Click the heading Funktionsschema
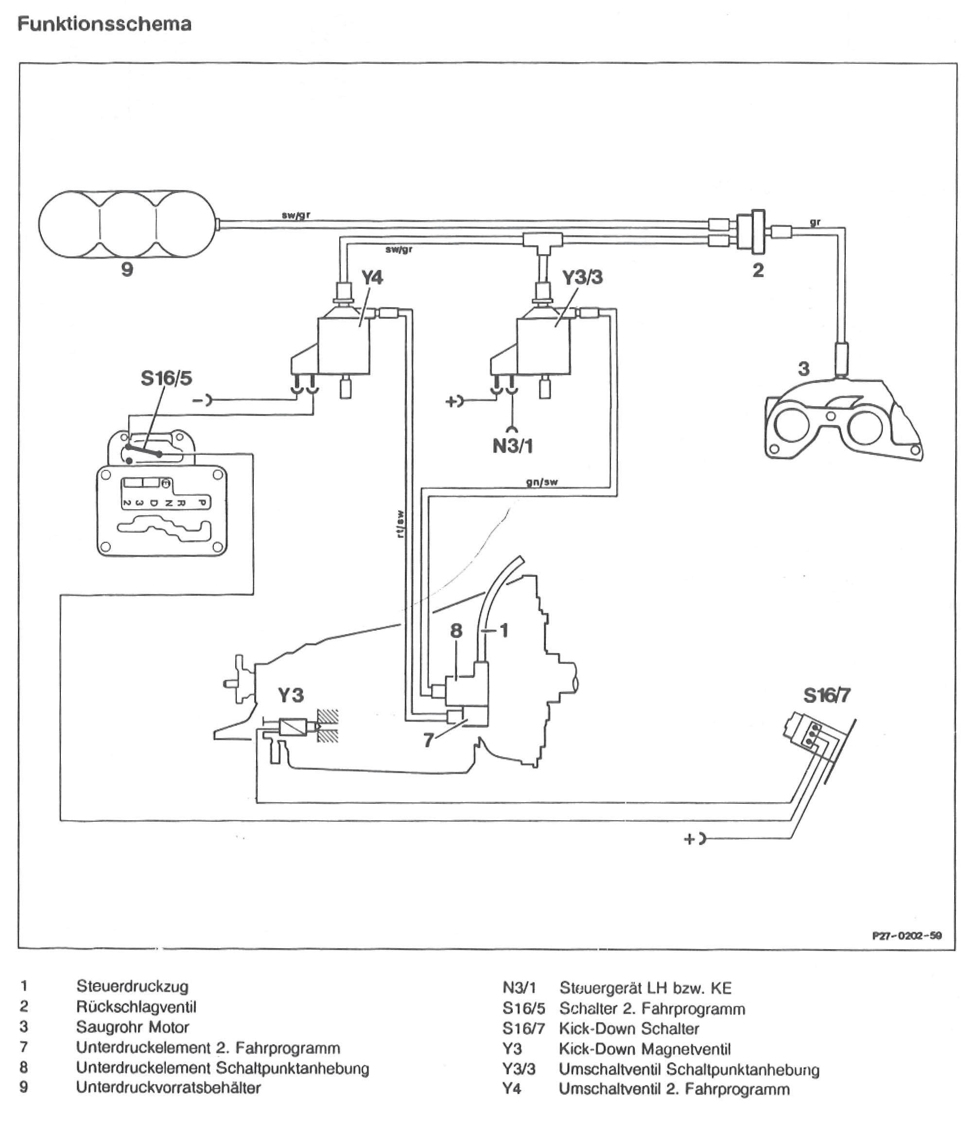(105, 24)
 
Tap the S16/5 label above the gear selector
(167, 378)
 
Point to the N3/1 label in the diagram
(513, 447)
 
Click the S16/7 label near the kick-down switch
(827, 695)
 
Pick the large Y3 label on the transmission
(291, 695)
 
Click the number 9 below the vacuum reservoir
(127, 269)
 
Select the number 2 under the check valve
(758, 270)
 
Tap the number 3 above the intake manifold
(803, 369)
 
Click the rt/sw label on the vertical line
(401, 524)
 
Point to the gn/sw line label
(542, 482)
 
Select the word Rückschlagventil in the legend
(136, 1006)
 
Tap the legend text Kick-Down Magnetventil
(645, 1049)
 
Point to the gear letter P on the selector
(201, 502)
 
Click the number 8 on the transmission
(456, 631)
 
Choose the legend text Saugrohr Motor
(133, 1027)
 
